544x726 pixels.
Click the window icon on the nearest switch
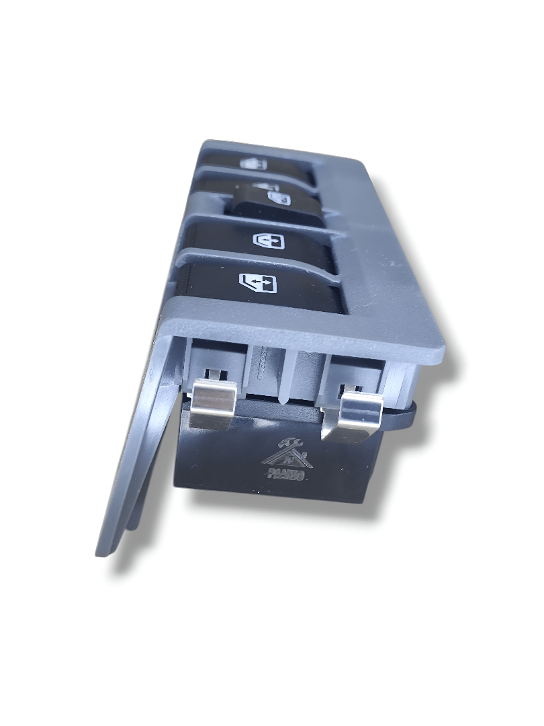pos(257,282)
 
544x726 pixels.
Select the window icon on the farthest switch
pos(254,163)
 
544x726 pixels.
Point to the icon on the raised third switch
pos(277,198)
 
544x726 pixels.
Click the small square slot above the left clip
pos(214,372)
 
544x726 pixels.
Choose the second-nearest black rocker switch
pos(269,242)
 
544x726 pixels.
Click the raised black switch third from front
pos(279,200)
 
